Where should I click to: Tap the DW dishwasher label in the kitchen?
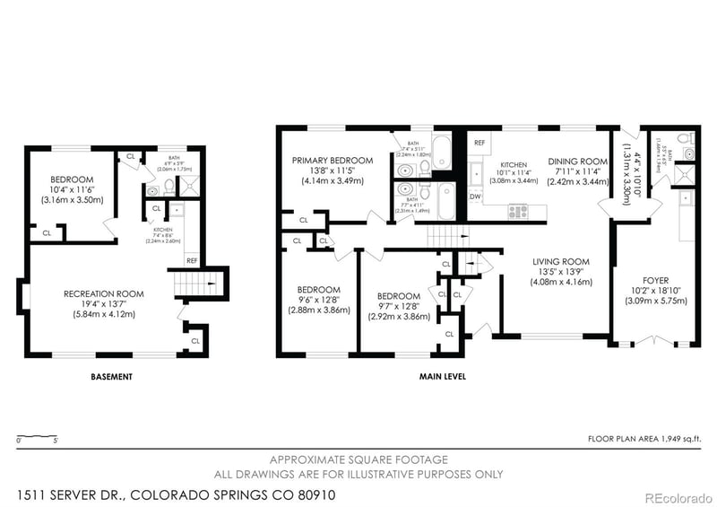476,197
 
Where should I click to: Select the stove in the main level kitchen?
518,212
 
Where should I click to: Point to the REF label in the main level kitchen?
479,143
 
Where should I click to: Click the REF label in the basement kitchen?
192,260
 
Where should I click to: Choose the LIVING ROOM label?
563,262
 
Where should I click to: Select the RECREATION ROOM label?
103,293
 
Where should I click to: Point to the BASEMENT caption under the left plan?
112,377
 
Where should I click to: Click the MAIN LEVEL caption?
442,377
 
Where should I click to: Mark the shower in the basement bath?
189,187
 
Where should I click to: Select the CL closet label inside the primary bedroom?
303,219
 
